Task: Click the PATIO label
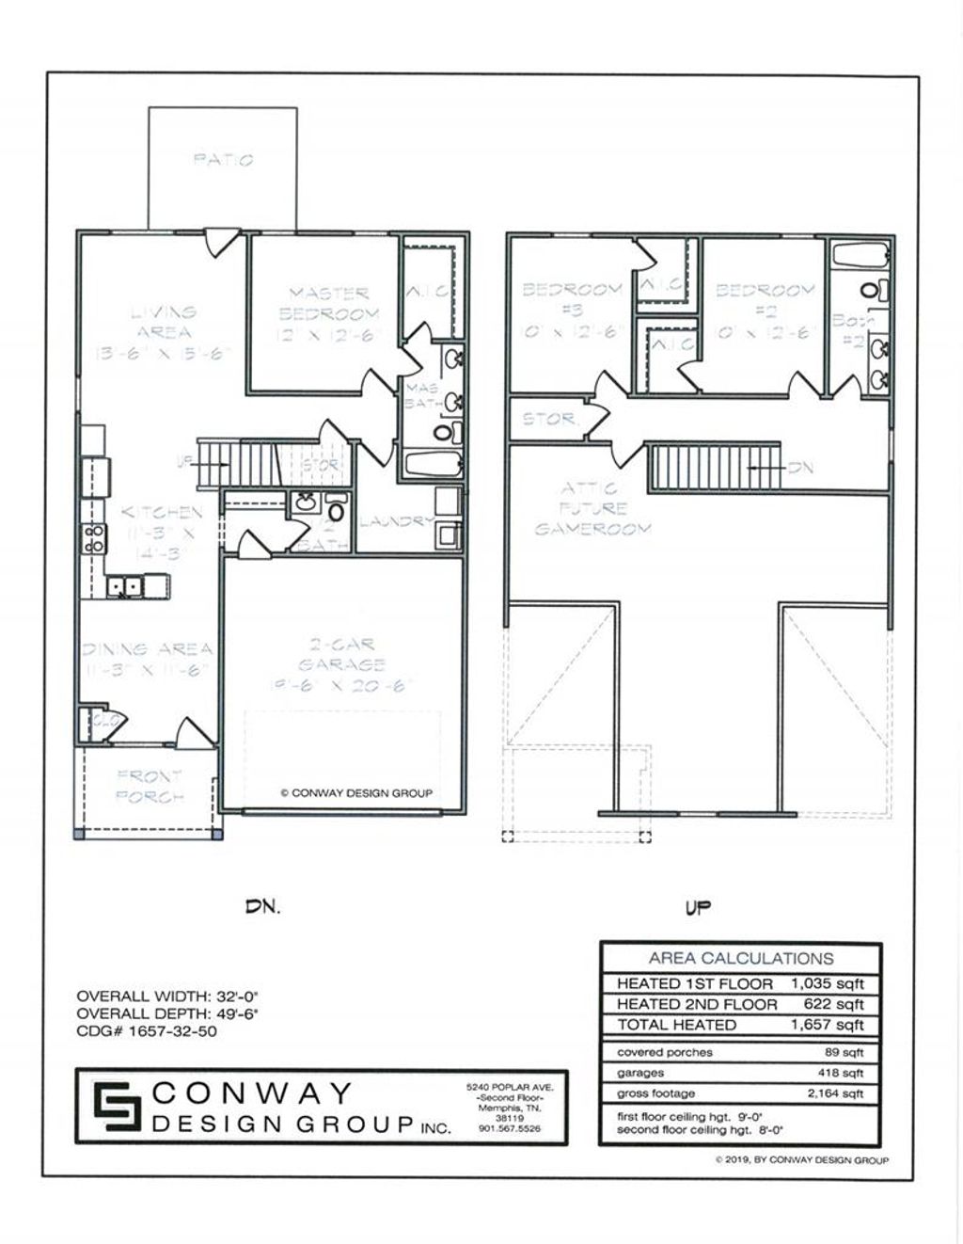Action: (223, 160)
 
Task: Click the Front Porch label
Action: (150, 786)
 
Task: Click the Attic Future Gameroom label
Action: (592, 508)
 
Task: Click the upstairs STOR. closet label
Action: (550, 419)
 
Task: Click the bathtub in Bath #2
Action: (860, 256)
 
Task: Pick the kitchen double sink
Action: (124, 587)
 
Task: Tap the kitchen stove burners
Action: (94, 538)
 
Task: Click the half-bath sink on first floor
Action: (305, 502)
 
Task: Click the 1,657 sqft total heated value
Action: (827, 1025)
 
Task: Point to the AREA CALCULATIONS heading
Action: (740, 958)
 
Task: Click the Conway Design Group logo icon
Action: (112, 1107)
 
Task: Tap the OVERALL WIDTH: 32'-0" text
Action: (166, 996)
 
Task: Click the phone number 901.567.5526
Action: (510, 1129)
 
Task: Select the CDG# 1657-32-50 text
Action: (148, 1031)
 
